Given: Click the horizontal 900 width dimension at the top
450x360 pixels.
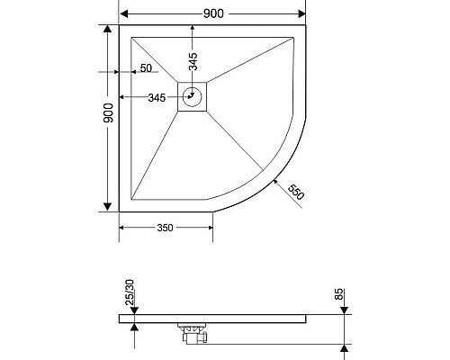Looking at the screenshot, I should (212, 13).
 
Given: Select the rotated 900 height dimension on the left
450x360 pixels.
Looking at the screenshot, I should (107, 113).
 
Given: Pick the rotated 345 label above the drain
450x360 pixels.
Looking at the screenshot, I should (192, 61).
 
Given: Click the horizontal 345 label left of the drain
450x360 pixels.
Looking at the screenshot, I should (156, 98).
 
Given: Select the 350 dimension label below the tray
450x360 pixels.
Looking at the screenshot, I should (165, 229).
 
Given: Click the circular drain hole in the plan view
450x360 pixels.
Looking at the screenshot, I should (192, 98).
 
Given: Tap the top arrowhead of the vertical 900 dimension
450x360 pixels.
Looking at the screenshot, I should (107, 30).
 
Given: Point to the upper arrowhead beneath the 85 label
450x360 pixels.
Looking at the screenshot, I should (344, 310).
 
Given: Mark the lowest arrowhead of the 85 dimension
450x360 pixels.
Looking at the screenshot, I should (344, 347).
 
